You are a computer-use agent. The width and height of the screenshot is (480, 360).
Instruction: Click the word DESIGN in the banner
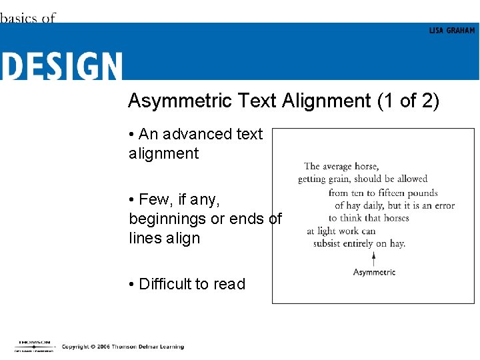point(61,67)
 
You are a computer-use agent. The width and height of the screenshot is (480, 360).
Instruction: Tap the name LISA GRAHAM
point(452,31)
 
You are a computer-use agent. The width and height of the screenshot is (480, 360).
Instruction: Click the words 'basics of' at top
point(27,18)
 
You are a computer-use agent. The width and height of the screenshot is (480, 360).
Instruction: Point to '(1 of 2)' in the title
point(408,101)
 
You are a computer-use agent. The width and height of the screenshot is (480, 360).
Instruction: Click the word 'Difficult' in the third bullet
point(164,284)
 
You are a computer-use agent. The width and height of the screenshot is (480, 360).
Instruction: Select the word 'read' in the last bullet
point(229,284)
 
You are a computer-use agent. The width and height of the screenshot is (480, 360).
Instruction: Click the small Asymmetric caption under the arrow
point(374,272)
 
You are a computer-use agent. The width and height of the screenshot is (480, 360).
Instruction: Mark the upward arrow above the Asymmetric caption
point(374,259)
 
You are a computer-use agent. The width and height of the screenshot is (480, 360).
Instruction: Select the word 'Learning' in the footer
point(171,347)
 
